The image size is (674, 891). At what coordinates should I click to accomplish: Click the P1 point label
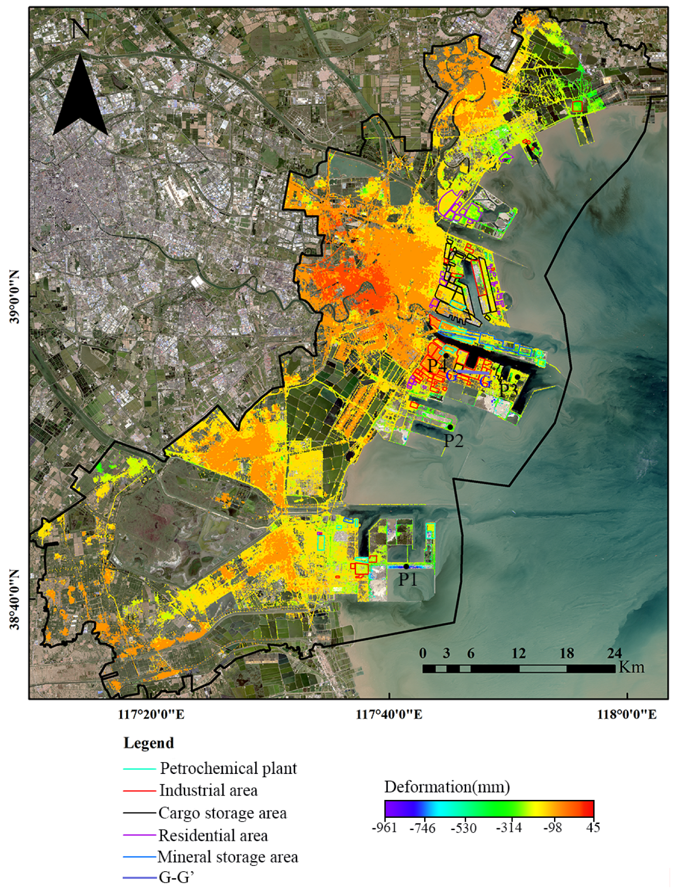coord(408,580)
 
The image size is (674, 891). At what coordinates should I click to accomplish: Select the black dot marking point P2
coord(450,427)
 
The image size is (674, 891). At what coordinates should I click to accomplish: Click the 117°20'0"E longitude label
coord(151,714)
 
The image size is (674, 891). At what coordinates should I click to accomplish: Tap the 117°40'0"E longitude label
coord(389,714)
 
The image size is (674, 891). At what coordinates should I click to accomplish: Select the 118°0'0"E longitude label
coord(627,714)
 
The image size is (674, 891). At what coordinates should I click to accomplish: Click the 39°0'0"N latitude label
coord(15,297)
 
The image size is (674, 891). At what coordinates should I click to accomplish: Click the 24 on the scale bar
coord(614,653)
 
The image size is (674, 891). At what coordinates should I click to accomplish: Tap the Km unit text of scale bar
coord(631,667)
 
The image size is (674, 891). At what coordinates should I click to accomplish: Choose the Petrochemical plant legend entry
coord(228,768)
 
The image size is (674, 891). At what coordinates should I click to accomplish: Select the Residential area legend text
coord(213,836)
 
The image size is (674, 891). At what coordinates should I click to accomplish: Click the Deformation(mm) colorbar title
coord(447,787)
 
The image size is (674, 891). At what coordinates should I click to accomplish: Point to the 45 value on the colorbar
coord(594,828)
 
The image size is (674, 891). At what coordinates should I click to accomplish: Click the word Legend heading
coord(149,743)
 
